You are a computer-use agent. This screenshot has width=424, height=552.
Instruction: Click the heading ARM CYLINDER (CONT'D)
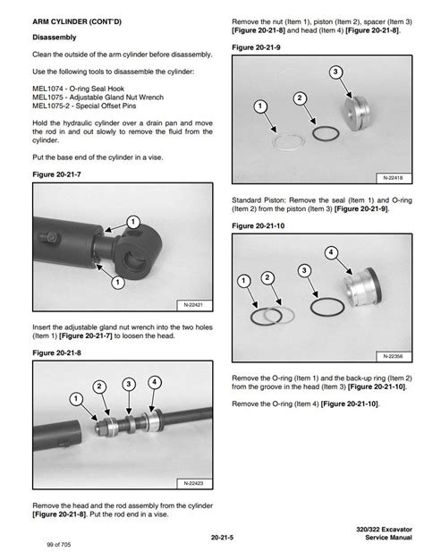(77, 21)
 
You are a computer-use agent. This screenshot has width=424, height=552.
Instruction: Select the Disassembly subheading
(55, 38)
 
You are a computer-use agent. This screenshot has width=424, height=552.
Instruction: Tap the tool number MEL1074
(47, 89)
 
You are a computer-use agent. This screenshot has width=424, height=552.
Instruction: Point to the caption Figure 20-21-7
(56, 174)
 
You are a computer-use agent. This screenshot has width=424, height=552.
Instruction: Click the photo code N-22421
(193, 305)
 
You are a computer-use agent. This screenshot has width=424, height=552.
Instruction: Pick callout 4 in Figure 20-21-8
(155, 382)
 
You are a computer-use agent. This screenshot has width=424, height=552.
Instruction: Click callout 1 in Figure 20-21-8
(76, 399)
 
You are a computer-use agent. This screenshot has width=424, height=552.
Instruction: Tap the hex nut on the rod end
(101, 429)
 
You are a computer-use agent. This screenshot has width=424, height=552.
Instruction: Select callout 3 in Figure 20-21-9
(335, 72)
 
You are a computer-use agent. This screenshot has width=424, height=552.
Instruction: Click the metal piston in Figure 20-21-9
(356, 113)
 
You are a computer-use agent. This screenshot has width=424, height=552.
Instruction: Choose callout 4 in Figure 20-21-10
(331, 252)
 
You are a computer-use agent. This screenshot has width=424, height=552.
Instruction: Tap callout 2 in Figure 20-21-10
(267, 278)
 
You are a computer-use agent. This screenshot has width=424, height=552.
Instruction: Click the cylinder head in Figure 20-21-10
(362, 287)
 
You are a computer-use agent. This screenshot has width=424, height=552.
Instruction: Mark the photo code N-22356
(393, 356)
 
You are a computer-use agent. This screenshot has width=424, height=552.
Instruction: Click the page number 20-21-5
(222, 538)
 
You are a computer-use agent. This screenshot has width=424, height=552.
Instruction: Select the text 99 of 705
(59, 545)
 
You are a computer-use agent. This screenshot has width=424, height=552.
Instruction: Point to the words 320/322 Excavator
(384, 529)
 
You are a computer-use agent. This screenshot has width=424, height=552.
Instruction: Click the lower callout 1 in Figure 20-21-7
(117, 283)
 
